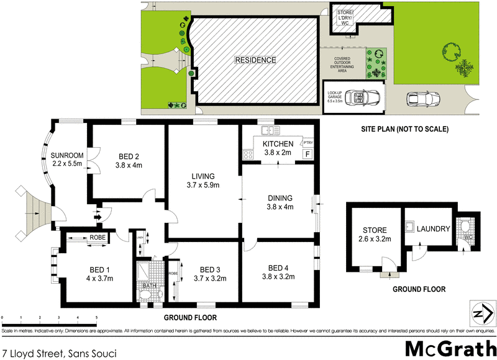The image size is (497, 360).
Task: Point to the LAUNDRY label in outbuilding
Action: pyautogui.click(x=434, y=229)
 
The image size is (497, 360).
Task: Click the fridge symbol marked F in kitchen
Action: pyautogui.click(x=306, y=154)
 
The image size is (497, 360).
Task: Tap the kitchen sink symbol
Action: pyautogui.click(x=269, y=131)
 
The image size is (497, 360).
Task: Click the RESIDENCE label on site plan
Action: pyautogui.click(x=255, y=60)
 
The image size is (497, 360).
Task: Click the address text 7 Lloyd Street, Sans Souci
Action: pyautogui.click(x=59, y=352)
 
